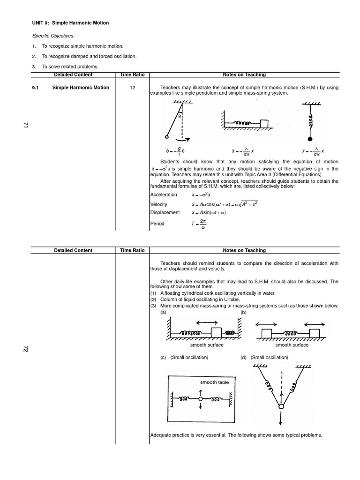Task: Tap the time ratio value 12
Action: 132,88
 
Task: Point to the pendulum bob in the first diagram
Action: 166,137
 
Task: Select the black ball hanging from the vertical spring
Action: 309,139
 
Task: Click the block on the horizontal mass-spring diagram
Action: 265,123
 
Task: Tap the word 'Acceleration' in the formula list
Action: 164,195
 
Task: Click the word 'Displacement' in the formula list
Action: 165,212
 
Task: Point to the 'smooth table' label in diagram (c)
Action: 215,382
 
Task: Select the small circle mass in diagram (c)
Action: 200,399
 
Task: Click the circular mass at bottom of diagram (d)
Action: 281,406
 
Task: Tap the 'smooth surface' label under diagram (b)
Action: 292,345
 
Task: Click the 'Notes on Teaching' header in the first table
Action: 244,75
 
